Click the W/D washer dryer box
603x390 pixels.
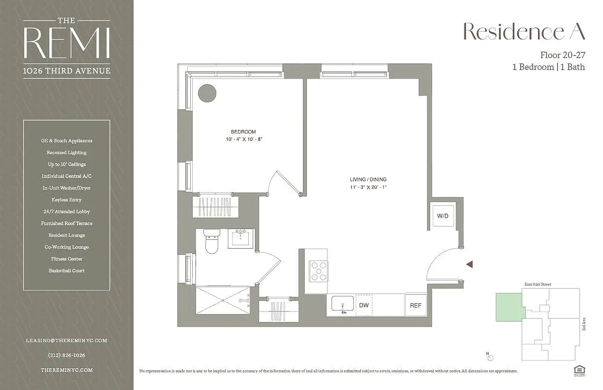442,215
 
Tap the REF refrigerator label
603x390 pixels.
415,306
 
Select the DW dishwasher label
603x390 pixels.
364,305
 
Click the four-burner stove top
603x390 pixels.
319,272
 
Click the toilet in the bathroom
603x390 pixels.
211,241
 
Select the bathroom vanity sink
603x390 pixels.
241,238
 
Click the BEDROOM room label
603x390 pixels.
243,132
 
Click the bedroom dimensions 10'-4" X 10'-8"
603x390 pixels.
243,139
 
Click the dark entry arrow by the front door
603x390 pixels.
469,264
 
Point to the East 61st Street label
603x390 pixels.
538,284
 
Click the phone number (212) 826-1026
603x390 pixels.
66,355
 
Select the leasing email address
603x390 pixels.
66,340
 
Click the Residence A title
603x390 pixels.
523,32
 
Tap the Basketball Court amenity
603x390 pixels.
66,271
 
